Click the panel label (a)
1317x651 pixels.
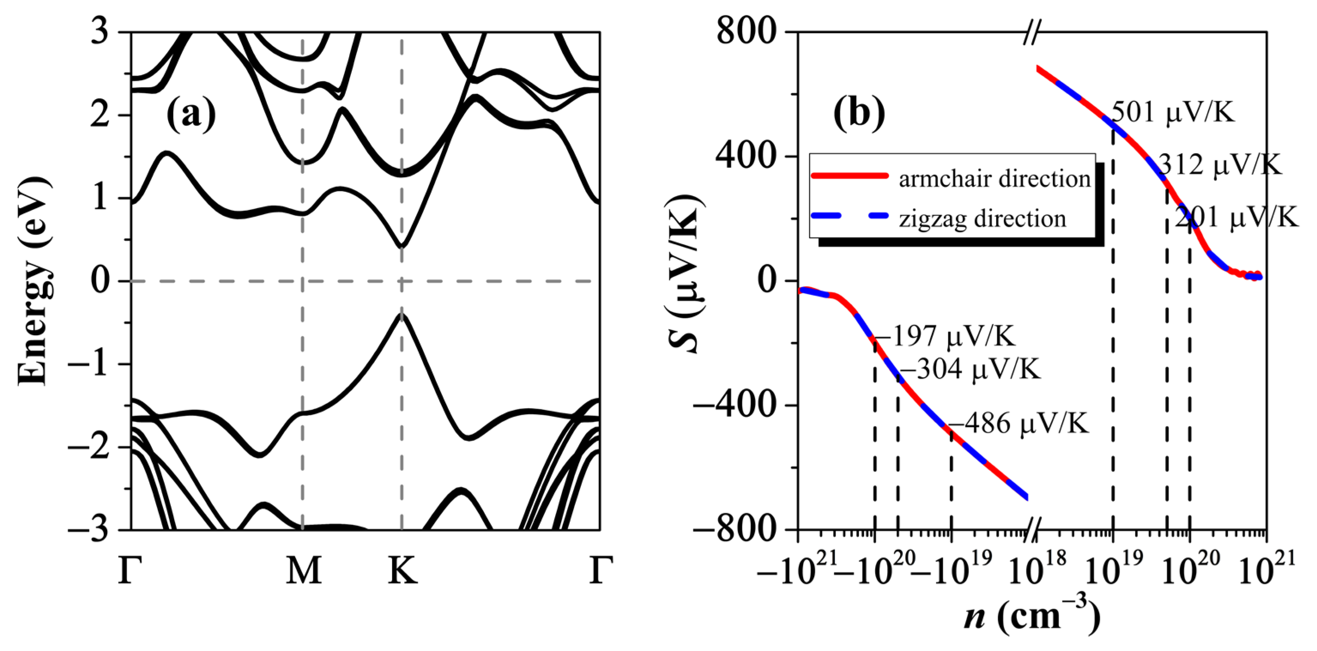coord(191,115)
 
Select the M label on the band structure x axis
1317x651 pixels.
coord(304,571)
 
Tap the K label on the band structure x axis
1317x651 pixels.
coord(402,571)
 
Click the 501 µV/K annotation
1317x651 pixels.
coord(1173,112)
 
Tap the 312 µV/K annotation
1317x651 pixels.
coord(1219,165)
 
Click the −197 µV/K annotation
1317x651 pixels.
coord(943,336)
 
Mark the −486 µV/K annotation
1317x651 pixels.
coord(1018,424)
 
